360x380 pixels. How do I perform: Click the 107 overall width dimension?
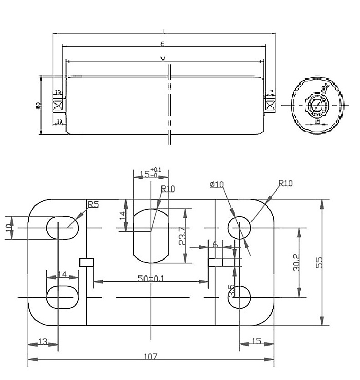150,356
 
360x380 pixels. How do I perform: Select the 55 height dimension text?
319,262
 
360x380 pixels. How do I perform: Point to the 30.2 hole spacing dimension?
302,262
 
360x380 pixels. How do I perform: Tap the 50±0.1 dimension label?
150,279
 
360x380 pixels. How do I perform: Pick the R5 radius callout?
93,205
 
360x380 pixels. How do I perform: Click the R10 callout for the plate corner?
285,183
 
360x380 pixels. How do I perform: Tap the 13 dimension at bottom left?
43,341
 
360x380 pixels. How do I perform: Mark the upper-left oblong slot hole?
63,227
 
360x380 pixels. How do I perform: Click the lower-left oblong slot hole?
63,298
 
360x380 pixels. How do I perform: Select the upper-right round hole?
240,227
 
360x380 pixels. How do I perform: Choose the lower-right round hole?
240,298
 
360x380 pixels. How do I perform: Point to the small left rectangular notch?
86,263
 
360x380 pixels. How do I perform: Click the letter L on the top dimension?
164,31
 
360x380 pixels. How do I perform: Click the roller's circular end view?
315,106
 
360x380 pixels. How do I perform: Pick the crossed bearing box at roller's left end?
58,106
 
